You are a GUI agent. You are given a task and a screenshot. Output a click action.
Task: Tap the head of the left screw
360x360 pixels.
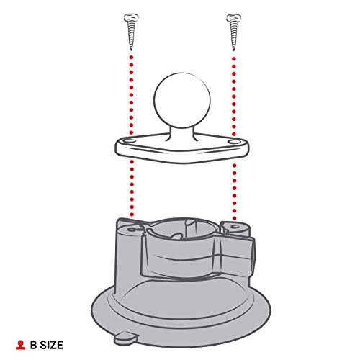click(130, 16)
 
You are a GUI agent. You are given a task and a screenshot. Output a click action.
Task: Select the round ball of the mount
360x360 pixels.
click(180, 100)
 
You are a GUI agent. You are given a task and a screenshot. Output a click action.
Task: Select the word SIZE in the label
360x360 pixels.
click(60, 346)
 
